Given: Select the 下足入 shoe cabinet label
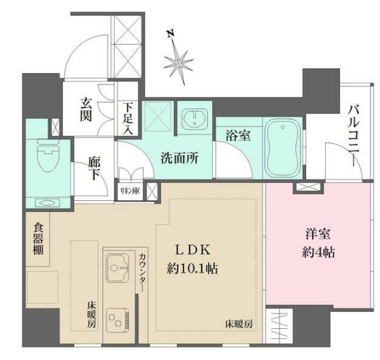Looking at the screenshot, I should [x=128, y=118].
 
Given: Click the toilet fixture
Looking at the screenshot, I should [x=46, y=158].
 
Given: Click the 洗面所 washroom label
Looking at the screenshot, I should [x=180, y=158].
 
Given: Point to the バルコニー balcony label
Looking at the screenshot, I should [x=354, y=135].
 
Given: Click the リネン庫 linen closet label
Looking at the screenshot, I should [x=131, y=190].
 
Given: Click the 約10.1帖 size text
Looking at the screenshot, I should [x=192, y=269].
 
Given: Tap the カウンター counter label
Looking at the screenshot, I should [x=144, y=270].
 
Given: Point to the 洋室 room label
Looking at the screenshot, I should [x=317, y=235].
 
